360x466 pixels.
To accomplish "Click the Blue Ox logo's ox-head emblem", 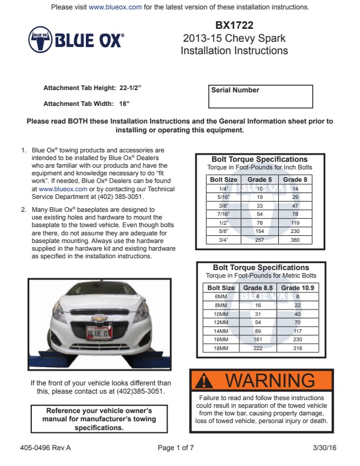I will pyautogui.click(x=40, y=39).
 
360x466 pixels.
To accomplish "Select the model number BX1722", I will pyautogui.click(x=234, y=26).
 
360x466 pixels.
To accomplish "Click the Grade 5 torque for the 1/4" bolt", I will pyautogui.click(x=259, y=188).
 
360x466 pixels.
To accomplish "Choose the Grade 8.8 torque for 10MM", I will pyautogui.click(x=258, y=314).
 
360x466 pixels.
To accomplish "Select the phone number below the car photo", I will pyautogui.click(x=139, y=391).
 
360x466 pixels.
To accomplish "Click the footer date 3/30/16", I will pyautogui.click(x=325, y=448).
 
